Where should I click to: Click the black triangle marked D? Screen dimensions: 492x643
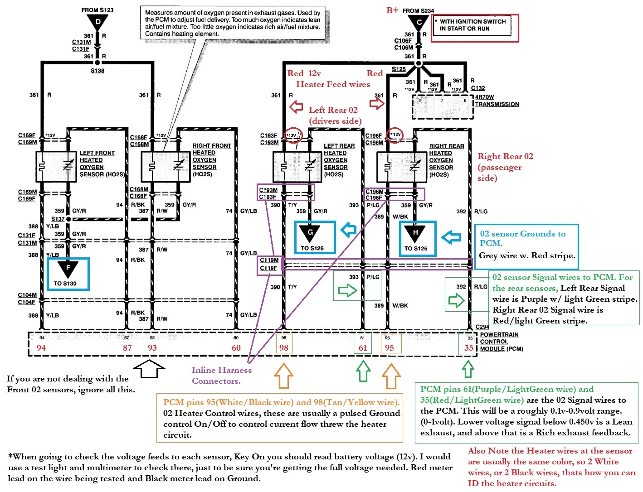coord(97,22)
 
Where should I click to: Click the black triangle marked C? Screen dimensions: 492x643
coord(419,22)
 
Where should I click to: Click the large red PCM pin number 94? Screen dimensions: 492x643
coord(41,348)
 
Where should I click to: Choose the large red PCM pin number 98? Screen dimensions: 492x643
coord(284,348)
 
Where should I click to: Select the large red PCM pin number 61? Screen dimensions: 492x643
coord(363,348)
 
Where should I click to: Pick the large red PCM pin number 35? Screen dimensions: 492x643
coord(468,348)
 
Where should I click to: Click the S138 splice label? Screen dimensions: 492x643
coord(97,71)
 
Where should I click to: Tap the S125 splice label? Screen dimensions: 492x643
coord(399,69)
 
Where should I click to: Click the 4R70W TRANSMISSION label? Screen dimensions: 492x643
coord(497,101)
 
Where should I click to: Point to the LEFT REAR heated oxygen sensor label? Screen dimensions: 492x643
coord(339,160)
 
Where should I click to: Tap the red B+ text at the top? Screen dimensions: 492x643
coord(392,10)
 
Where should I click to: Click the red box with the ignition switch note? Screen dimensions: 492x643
coord(474,28)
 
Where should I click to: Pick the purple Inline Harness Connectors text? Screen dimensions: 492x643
coord(222,376)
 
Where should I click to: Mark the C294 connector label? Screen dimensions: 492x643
coord(482,327)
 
